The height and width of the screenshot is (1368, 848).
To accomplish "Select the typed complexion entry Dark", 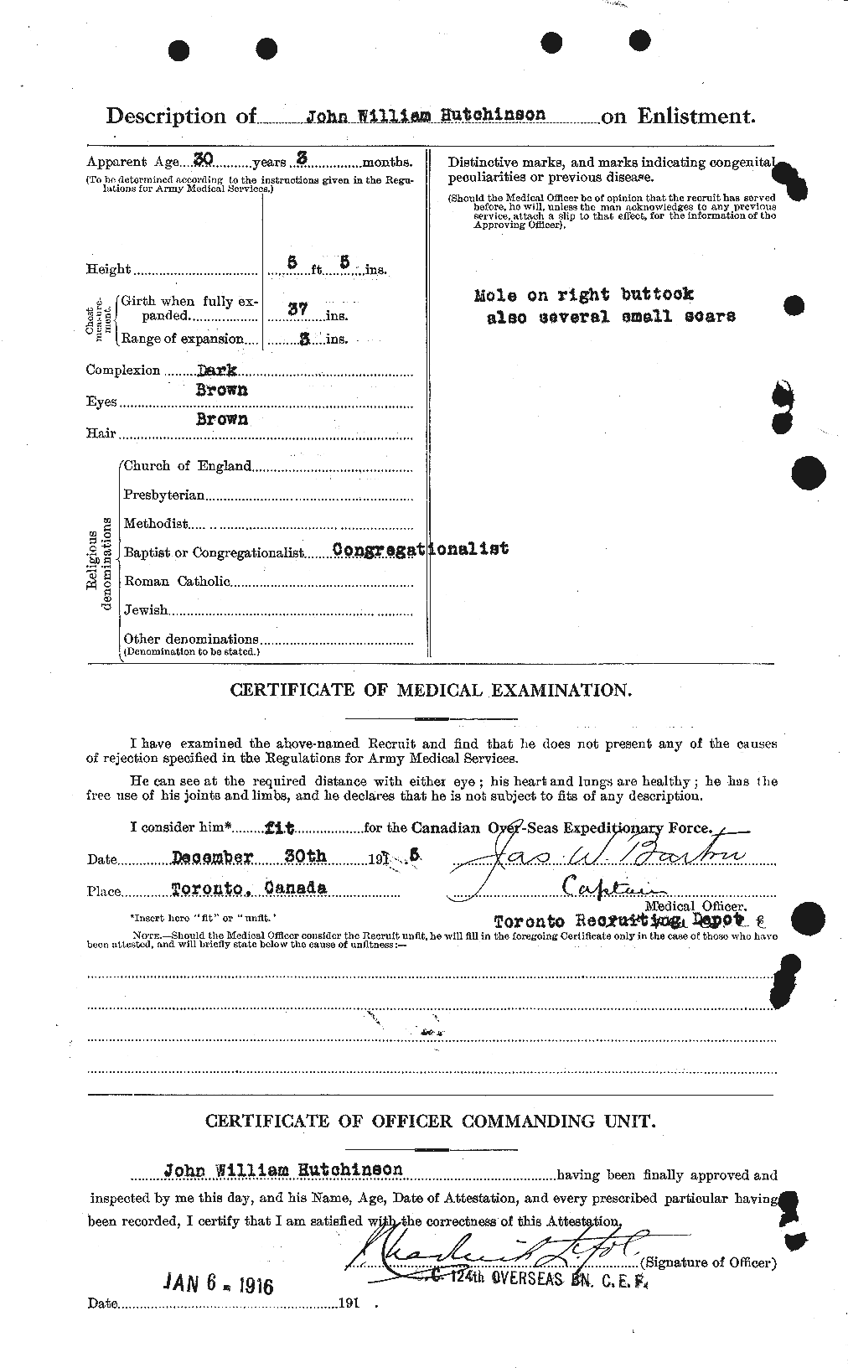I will [216, 369].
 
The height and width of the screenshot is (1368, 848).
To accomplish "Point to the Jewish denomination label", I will [146, 610].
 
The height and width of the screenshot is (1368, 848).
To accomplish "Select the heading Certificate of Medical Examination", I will [431, 691].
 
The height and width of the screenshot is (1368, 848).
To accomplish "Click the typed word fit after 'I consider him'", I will [278, 826].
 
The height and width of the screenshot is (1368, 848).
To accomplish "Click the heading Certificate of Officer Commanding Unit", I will [431, 1122].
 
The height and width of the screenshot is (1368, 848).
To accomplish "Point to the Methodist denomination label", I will [156, 523].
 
